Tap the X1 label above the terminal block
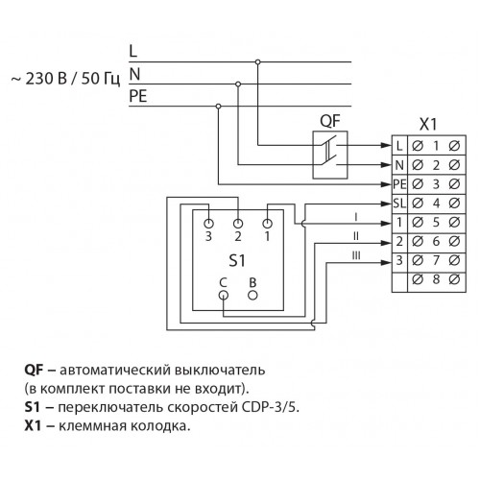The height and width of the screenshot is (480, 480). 428,125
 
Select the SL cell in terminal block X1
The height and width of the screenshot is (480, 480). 399,204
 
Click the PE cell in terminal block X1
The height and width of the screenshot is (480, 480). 399,184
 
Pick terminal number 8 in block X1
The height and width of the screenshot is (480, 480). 436,279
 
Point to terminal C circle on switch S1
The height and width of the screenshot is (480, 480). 224,295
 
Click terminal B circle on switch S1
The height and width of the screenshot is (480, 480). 252,295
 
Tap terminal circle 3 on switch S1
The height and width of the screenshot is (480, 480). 208,224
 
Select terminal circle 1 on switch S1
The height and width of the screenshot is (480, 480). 267,224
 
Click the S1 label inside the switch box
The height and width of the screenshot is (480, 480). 237,261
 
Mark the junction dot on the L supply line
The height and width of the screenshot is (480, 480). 257,61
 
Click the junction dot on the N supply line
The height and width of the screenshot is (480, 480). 238,84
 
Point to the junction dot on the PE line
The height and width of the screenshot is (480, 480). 218,106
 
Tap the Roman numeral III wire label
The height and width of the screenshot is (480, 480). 356,255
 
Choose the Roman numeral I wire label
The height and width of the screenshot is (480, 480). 356,218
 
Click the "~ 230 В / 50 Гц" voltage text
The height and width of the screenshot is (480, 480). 66,79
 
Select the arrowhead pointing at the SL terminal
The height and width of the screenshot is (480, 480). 386,204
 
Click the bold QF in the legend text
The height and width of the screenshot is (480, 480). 34,371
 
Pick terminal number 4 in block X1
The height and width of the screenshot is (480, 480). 436,204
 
